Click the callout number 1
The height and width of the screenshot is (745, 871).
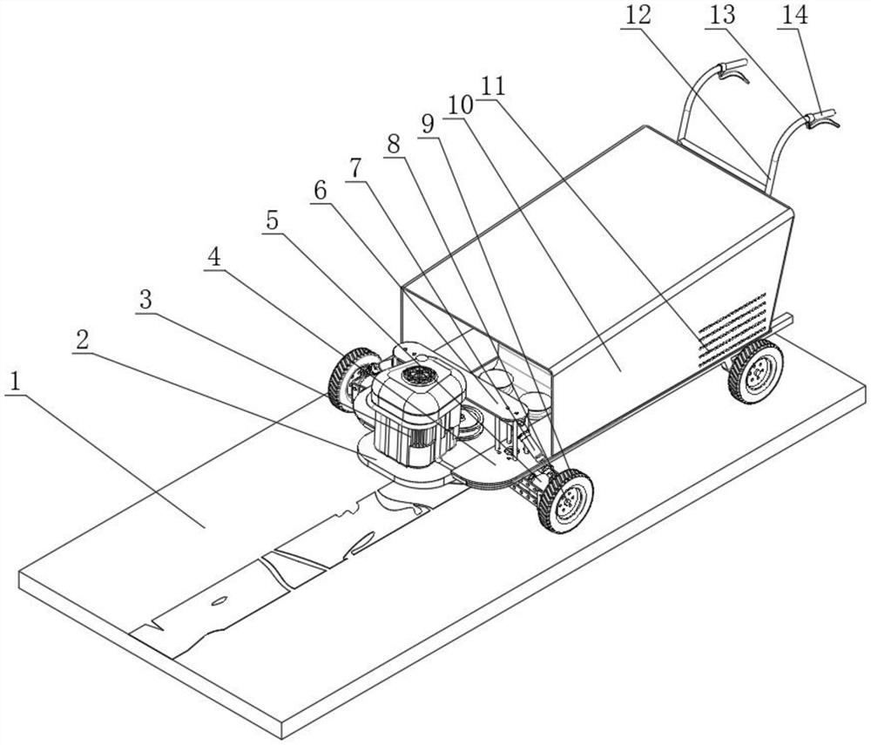[16, 382]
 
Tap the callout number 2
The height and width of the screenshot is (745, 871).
[83, 340]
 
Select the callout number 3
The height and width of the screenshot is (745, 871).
[146, 299]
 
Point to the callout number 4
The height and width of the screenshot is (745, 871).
[214, 257]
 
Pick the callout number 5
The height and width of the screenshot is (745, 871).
[273, 220]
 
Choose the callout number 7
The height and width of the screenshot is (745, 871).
[354, 168]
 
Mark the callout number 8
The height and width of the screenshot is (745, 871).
[395, 145]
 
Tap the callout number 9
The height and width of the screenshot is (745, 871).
[427, 123]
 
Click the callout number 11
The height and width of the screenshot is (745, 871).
[493, 85]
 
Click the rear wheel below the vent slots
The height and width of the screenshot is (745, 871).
[755, 371]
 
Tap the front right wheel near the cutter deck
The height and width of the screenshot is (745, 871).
[566, 500]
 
